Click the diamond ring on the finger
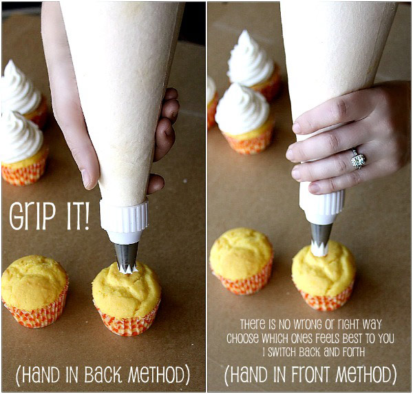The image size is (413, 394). pos(358,160)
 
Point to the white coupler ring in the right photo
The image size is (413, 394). pos(322,207)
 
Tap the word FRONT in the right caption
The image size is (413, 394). pos(310,375)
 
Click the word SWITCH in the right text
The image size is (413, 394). pos(282,352)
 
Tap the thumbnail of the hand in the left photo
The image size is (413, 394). pos(86,178)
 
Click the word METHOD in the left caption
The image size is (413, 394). pos(157,375)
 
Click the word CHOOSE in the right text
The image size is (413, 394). pos(242,338)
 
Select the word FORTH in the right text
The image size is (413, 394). pos(351,352)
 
